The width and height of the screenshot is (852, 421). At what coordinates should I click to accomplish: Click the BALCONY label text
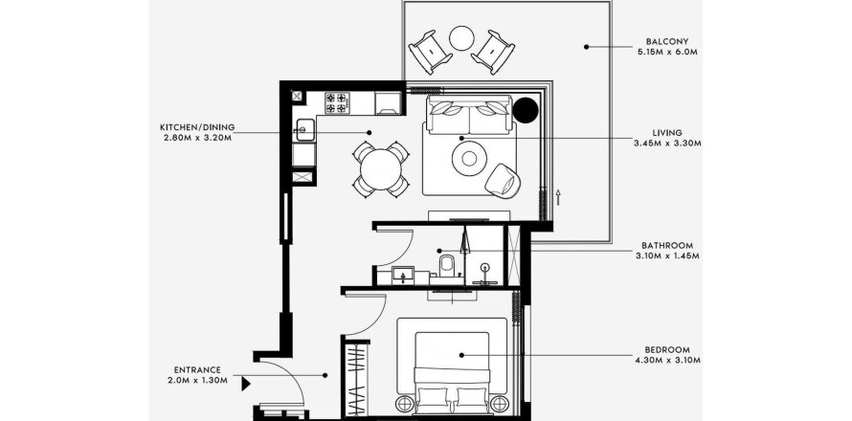pyautogui.click(x=668, y=42)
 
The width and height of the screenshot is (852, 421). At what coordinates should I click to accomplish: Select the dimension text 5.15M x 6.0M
pyautogui.click(x=668, y=53)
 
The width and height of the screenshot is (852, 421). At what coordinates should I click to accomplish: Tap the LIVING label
pyautogui.click(x=667, y=132)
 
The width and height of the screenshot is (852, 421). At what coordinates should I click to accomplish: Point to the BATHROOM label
pyautogui.click(x=667, y=245)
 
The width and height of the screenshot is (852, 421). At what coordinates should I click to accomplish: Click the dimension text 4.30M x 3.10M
pyautogui.click(x=668, y=361)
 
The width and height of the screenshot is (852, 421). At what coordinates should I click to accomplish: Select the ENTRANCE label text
pyautogui.click(x=198, y=370)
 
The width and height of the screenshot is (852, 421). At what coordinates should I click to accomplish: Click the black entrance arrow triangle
pyautogui.click(x=247, y=385)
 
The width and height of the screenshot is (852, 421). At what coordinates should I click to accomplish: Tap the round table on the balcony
pyautogui.click(x=462, y=38)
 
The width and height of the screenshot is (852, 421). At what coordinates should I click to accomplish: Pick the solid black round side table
pyautogui.click(x=525, y=110)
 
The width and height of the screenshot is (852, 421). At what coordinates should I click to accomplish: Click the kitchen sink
pyautogui.click(x=303, y=128)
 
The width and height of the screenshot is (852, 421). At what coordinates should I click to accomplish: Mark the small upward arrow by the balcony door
pyautogui.click(x=556, y=198)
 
